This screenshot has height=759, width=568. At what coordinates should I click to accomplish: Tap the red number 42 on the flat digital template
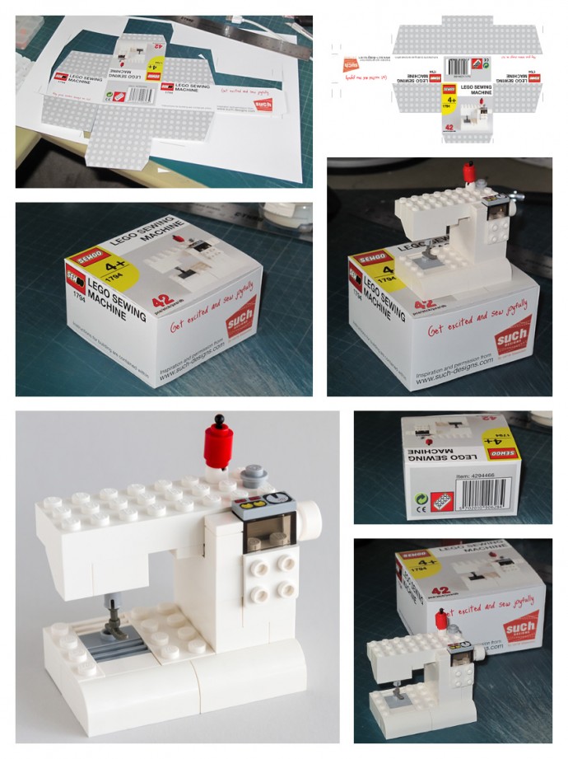450,127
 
